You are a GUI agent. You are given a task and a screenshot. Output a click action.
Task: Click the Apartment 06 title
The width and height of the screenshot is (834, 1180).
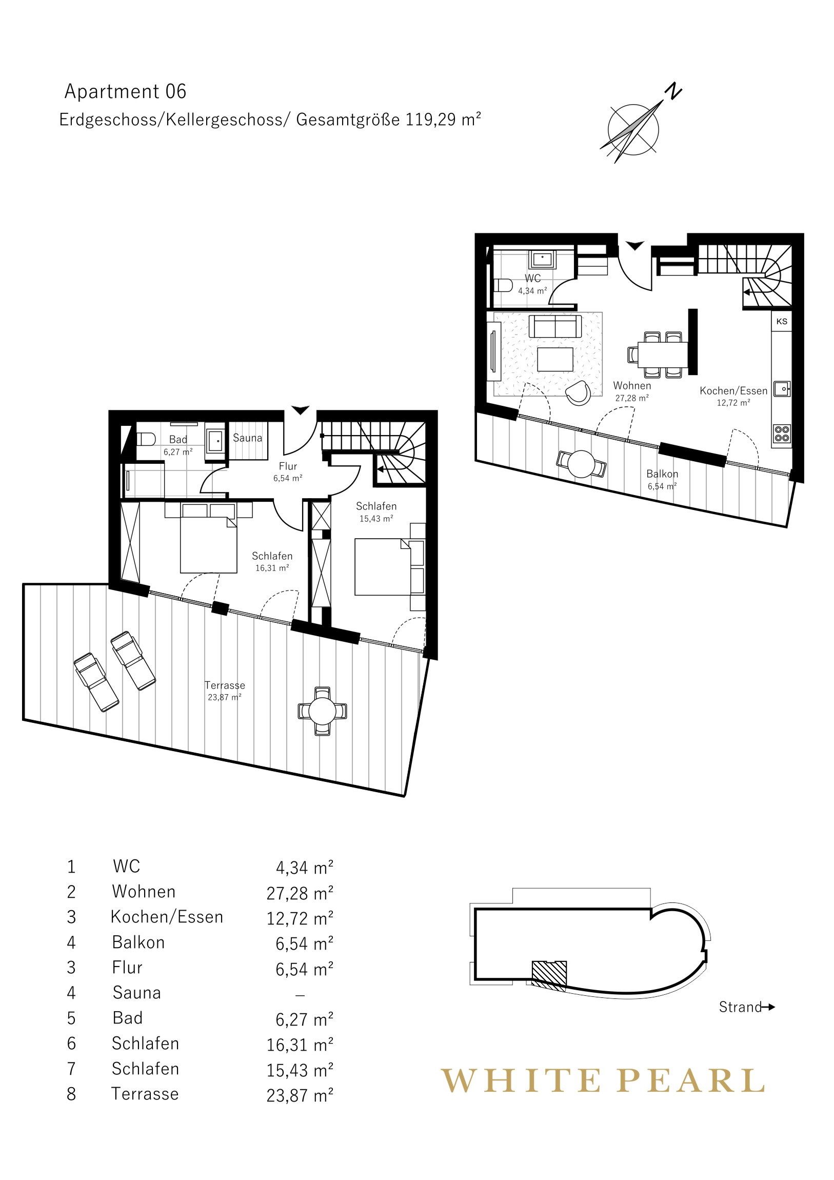(125, 91)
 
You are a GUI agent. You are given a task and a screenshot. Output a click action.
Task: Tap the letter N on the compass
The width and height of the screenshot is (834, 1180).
(673, 91)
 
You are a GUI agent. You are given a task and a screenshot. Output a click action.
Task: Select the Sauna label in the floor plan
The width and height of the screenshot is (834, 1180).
(247, 438)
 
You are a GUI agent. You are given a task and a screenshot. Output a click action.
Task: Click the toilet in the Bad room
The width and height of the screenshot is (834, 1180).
(147, 438)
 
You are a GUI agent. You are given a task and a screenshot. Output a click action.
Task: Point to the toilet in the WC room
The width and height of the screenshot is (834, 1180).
(502, 285)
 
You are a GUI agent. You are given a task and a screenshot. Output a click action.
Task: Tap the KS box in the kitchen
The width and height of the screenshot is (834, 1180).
(782, 322)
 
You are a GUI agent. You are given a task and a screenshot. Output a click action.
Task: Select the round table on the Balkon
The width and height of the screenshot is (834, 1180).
(582, 464)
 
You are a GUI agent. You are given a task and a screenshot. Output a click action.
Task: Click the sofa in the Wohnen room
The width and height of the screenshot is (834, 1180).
(555, 325)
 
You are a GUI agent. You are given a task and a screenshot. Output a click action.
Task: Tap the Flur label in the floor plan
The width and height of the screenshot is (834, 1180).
(288, 467)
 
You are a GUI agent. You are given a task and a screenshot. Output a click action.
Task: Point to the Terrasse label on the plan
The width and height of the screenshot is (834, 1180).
(225, 685)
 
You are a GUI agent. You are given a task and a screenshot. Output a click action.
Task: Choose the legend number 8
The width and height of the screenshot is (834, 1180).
(71, 1094)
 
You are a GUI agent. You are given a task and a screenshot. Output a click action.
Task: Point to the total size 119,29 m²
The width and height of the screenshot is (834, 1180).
(443, 120)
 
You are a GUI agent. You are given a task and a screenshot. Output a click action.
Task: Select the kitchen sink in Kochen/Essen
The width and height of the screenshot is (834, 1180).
(782, 389)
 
